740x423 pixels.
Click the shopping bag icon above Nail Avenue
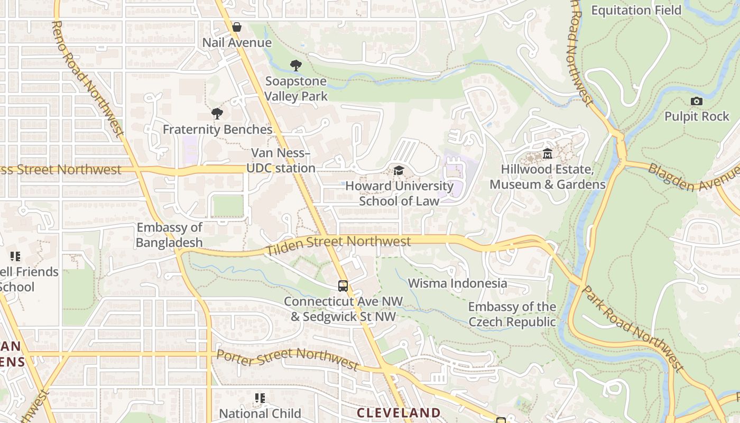tap(237, 27)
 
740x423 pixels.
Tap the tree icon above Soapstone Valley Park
tap(296, 66)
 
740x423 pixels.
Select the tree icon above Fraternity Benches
tap(217, 114)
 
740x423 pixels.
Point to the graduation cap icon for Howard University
tap(399, 170)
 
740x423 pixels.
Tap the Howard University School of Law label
tap(399, 194)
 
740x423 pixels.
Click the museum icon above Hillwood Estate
tap(548, 154)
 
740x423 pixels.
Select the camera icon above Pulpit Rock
tap(697, 101)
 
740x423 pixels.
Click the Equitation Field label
tap(636, 10)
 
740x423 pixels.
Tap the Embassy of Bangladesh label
tap(169, 235)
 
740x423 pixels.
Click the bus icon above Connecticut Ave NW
tap(343, 286)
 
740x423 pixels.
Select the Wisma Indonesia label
tap(457, 283)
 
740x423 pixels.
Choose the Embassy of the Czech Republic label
tap(512, 314)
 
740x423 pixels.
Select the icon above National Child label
tap(260, 398)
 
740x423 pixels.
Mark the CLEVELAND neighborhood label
tap(399, 412)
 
